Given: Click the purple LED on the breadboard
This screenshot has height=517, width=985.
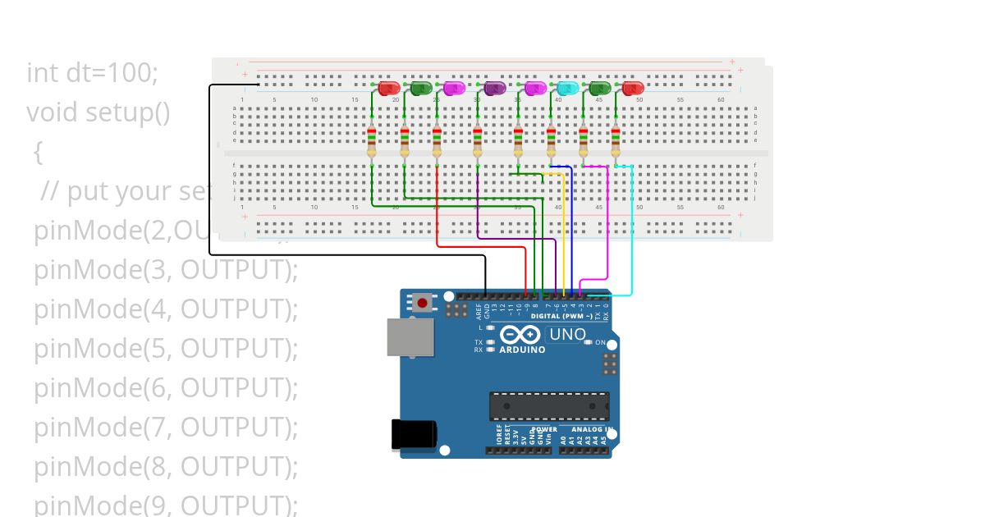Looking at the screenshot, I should [494, 88].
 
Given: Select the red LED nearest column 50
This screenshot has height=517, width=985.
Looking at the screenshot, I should [632, 88].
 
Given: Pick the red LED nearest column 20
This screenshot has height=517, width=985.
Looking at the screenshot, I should [389, 88].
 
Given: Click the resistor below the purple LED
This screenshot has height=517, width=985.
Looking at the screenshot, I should [477, 141].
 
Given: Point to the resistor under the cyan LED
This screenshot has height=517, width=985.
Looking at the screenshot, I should [551, 141].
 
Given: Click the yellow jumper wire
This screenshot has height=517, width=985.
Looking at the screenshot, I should [562, 238].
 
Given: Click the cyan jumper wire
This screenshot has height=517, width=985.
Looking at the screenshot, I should [632, 238].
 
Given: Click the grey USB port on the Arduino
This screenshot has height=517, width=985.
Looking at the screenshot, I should [410, 336].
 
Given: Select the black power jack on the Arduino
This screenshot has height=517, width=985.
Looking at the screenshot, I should [413, 434].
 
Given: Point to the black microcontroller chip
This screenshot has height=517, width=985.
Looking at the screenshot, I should [549, 405].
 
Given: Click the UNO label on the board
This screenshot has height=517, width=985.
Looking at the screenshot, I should [567, 335].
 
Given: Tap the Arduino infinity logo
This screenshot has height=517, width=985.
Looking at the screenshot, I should [520, 335].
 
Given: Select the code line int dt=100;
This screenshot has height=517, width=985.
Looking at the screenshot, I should [92, 73].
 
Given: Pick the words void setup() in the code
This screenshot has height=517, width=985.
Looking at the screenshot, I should [98, 112].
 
